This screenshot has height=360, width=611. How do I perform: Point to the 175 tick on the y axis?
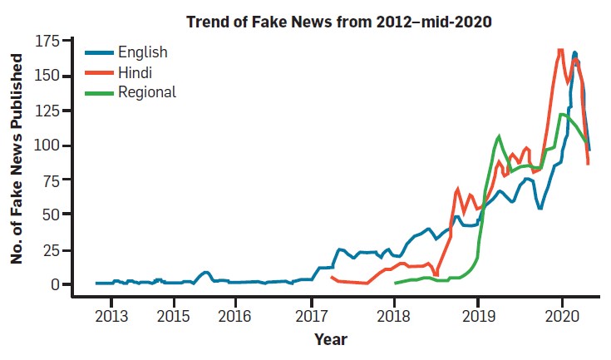coord(47,42)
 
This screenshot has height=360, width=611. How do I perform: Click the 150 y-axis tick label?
coord(47,76)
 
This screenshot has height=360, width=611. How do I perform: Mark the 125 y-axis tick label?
coord(47,111)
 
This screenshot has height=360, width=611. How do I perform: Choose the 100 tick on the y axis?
coord(47,145)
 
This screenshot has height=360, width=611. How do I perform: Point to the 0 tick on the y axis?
coord(55,284)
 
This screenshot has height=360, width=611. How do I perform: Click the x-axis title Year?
coord(331,339)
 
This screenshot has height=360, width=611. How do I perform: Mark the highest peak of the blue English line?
coord(574,53)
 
